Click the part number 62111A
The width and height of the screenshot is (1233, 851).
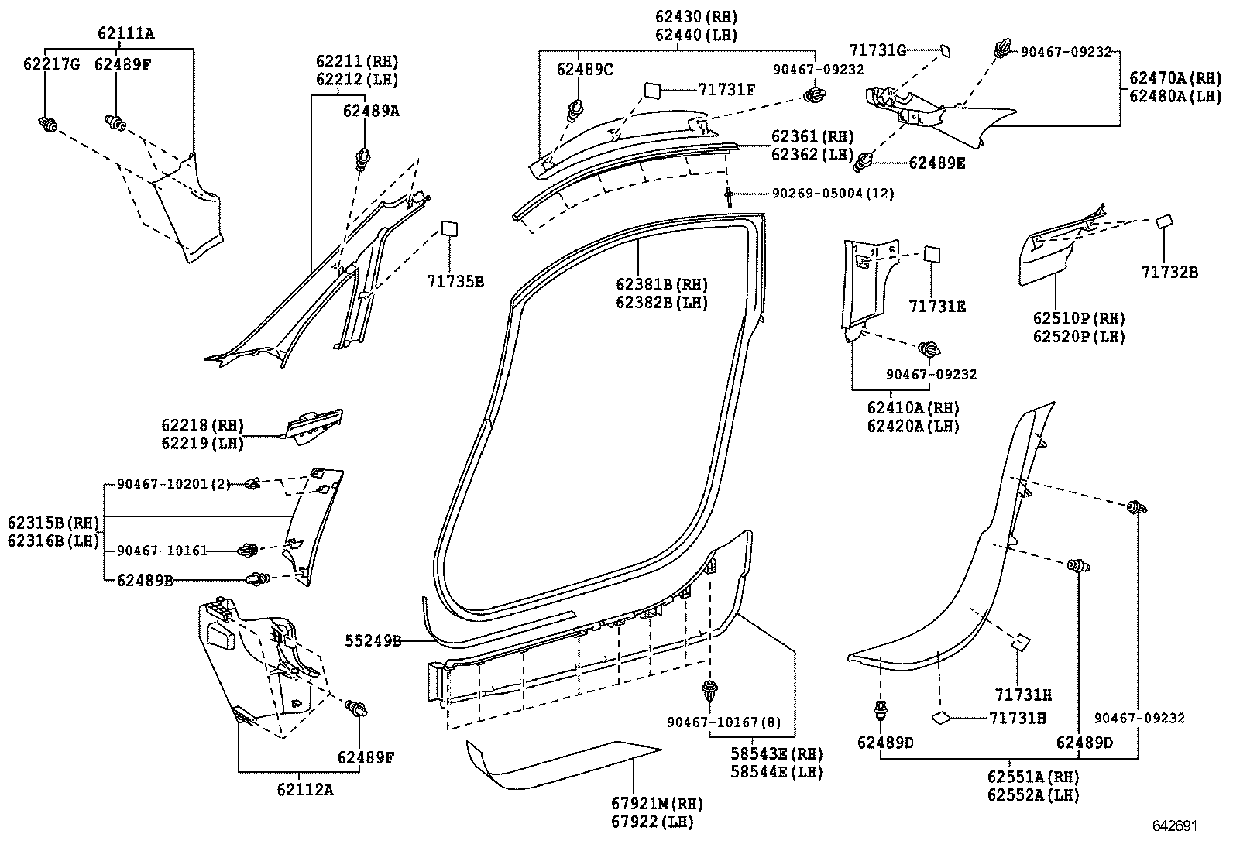click(x=125, y=33)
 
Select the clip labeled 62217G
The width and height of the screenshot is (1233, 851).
click(x=47, y=123)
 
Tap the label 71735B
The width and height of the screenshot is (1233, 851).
click(x=455, y=281)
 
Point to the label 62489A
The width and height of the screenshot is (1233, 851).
click(x=371, y=111)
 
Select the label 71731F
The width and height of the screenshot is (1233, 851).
click(x=726, y=90)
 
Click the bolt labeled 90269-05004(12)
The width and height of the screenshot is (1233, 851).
click(x=730, y=195)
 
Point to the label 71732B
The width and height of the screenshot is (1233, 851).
click(x=1169, y=272)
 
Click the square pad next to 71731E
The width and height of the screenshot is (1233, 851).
click(x=932, y=255)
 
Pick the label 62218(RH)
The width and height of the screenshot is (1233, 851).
click(x=202, y=425)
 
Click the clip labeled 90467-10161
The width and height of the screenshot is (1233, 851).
click(x=248, y=551)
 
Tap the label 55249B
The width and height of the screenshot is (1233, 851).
click(x=373, y=640)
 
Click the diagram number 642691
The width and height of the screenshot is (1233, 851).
click(x=1174, y=825)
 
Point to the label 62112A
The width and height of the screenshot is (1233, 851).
click(x=304, y=789)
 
